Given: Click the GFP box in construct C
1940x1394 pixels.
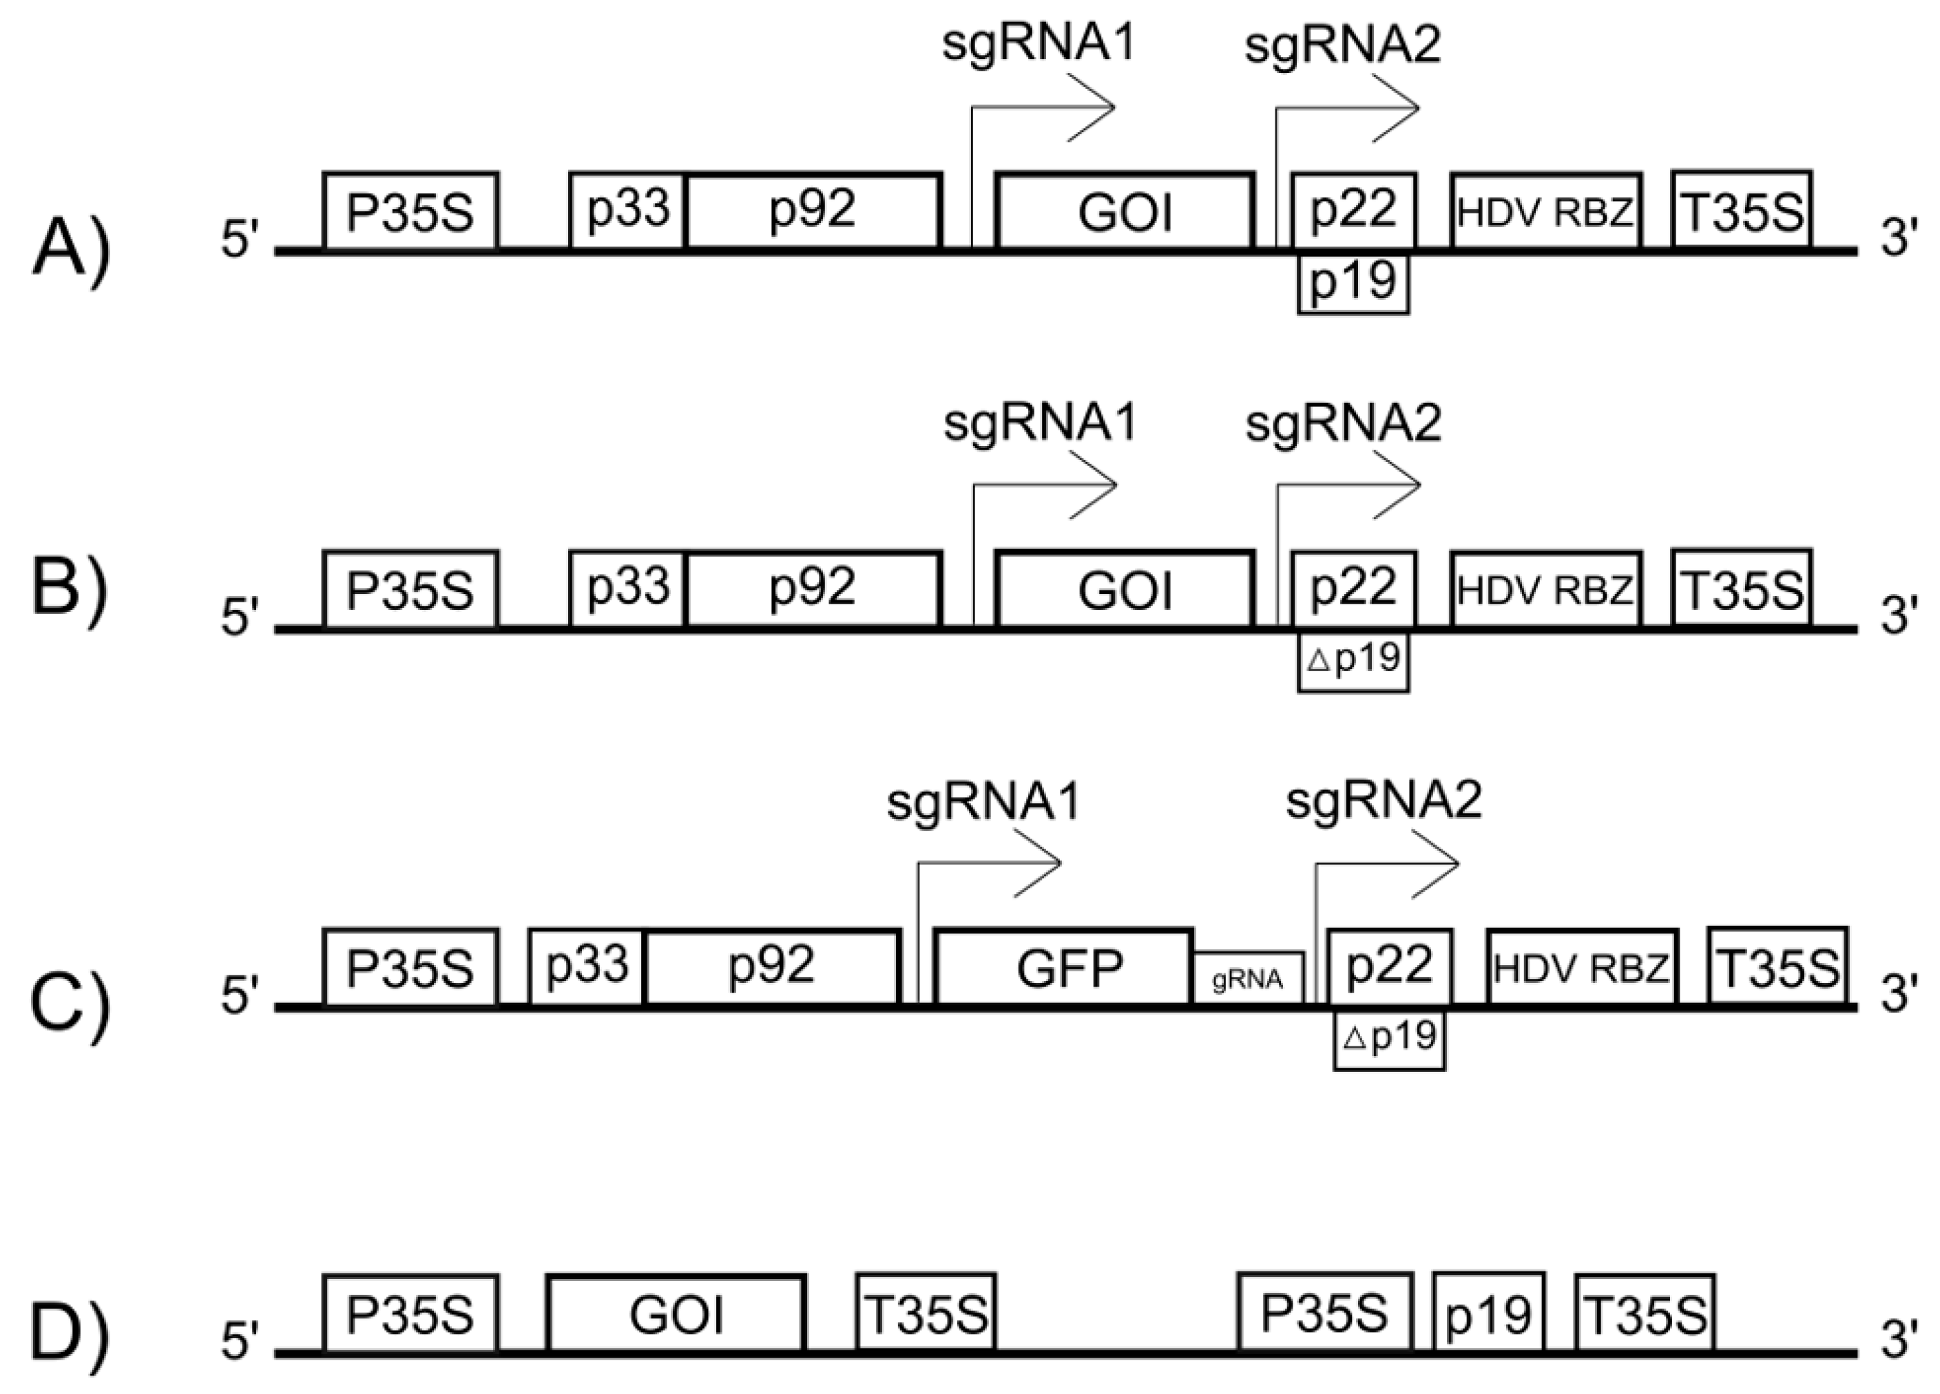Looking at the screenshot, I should [1065, 967].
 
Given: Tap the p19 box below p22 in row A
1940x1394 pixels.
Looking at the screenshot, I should [1353, 282].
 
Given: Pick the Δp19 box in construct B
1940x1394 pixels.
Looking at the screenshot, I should [1353, 660].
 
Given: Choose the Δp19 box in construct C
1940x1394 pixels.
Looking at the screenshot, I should [1389, 1038].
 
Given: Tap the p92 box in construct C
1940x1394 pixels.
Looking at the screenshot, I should [771, 967].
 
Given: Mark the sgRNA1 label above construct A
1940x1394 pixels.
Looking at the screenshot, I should [1039, 45].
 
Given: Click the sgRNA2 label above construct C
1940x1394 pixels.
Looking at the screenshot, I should [1383, 801].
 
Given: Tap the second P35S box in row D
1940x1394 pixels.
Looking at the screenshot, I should [1324, 1313].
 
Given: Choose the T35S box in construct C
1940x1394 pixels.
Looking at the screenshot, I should [1777, 967].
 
